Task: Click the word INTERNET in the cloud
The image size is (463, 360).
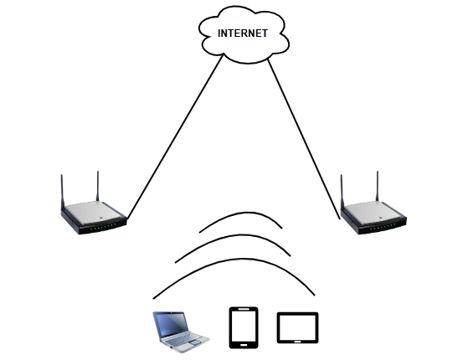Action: (243, 33)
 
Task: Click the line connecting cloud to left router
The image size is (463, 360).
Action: (175, 136)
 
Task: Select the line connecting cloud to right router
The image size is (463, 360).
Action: (304, 139)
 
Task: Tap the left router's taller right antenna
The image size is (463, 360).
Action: (97, 186)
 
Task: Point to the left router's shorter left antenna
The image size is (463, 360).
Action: (62, 192)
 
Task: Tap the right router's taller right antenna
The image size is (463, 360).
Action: (377, 186)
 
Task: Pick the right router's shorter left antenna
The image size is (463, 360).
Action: (342, 192)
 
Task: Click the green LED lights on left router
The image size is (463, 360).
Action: (103, 227)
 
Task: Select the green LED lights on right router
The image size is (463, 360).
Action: (383, 227)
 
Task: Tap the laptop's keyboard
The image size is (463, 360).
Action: (183, 340)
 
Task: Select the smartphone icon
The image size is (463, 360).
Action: (244, 328)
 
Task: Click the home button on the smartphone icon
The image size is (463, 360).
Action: (244, 345)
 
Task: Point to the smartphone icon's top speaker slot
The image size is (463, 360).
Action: (244, 310)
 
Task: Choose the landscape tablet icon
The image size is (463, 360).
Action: (298, 328)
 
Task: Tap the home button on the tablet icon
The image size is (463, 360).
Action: (298, 342)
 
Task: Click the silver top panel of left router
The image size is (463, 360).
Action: (92, 213)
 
